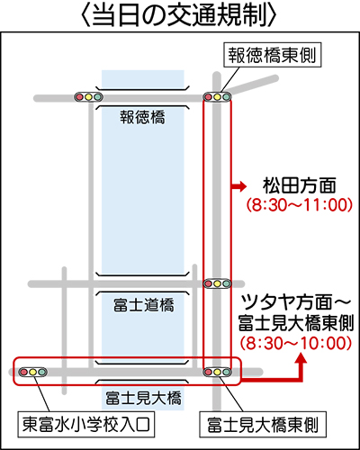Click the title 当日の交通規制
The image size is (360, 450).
179,15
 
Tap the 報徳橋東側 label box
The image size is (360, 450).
273,55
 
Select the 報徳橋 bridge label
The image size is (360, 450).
142,117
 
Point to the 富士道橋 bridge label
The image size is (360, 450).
143,305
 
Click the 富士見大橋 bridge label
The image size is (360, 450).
143,398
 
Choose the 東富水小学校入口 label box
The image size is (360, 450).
86,425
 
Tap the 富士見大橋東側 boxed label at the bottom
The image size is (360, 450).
263,425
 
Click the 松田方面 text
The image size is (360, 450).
300,185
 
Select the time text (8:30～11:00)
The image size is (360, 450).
300,205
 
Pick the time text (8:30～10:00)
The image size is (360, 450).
296,343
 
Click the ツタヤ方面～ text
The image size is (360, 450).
296,303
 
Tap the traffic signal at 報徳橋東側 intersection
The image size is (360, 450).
218,97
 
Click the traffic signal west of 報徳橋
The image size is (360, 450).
88,97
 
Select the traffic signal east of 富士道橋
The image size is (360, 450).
218,283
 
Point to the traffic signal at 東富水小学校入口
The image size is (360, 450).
32,373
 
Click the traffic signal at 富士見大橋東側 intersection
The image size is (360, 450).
218,373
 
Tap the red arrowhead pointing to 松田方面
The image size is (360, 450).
242,186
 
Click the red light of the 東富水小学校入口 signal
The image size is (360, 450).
23,373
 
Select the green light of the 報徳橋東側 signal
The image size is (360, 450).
227,97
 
